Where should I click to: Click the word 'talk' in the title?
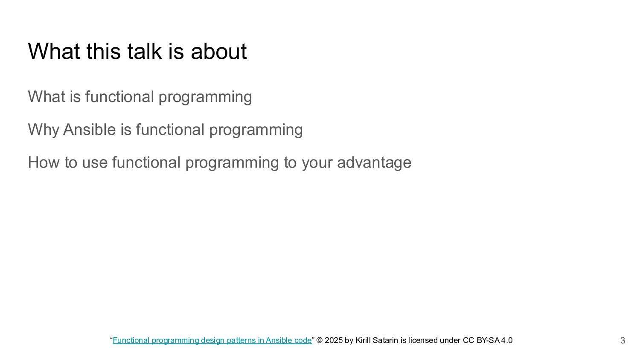click(145, 51)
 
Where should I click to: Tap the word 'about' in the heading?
click(218, 51)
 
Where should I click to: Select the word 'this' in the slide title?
click(103, 51)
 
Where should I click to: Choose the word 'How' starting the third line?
click(44, 162)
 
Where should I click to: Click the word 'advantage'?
click(374, 163)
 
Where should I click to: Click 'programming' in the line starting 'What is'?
click(205, 97)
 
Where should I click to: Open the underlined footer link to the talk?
click(212, 340)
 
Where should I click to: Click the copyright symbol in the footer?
click(320, 340)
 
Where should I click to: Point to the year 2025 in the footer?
click(334, 340)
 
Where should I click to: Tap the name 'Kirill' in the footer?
click(363, 340)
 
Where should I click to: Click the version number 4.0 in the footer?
click(507, 340)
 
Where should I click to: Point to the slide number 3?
click(623, 340)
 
